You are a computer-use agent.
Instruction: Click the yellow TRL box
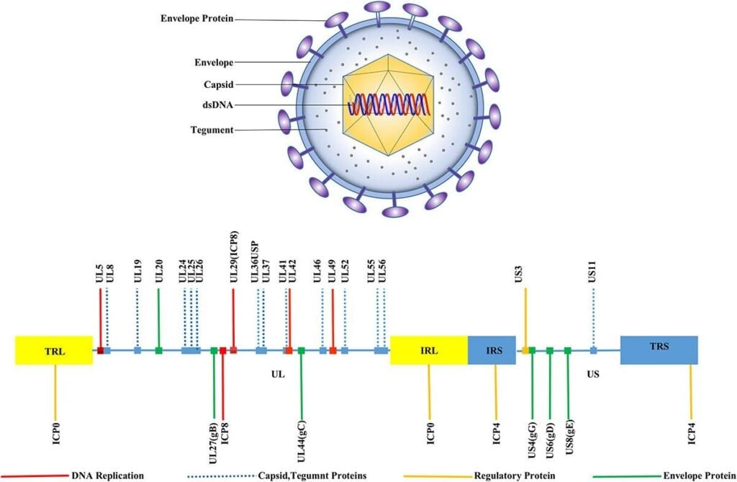(54, 350)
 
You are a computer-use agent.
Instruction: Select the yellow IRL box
(429, 350)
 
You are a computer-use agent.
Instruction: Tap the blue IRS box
(494, 350)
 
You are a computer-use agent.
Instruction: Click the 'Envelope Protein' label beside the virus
(196, 18)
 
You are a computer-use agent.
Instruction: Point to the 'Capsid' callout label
(218, 84)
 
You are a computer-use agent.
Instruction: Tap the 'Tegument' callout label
(212, 130)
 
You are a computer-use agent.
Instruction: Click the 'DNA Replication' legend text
(108, 476)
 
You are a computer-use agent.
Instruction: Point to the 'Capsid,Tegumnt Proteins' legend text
(312, 476)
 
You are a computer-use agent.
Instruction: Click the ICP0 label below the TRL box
(55, 429)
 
